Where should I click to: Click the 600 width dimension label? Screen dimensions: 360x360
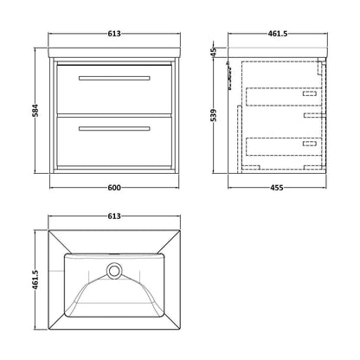click(x=114, y=188)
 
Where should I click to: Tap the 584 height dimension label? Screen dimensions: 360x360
click(x=35, y=111)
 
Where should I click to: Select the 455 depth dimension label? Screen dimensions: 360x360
click(x=277, y=188)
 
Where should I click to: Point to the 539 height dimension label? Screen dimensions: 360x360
click(x=214, y=115)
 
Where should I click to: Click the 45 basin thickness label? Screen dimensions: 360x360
click(x=214, y=52)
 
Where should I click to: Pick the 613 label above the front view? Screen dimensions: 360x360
click(x=114, y=34)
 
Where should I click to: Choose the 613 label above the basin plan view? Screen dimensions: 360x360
click(x=114, y=216)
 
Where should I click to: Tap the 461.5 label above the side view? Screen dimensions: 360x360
click(x=278, y=34)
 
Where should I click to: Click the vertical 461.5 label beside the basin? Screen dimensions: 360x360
click(x=35, y=280)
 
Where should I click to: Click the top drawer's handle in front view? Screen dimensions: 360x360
click(x=114, y=78)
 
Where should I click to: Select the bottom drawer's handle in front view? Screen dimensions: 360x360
click(x=114, y=129)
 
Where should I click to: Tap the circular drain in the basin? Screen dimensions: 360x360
click(x=114, y=271)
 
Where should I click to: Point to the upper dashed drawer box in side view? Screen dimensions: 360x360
click(x=284, y=97)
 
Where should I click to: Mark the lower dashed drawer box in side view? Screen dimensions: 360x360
click(x=284, y=147)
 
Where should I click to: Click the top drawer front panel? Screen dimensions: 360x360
click(x=114, y=89)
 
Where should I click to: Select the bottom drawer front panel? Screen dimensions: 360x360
click(x=114, y=141)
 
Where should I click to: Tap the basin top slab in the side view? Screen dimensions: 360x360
click(x=278, y=52)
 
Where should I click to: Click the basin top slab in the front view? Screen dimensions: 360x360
click(x=114, y=52)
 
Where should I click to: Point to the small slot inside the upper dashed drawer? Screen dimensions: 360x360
click(x=310, y=93)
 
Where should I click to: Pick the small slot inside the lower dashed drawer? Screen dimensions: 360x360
click(x=310, y=144)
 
